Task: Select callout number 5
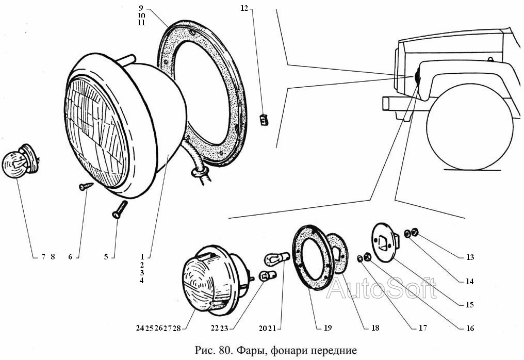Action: (x=106, y=256)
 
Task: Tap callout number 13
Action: (x=469, y=257)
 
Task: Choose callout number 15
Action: (x=469, y=304)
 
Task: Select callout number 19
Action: (x=328, y=328)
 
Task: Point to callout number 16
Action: (x=469, y=328)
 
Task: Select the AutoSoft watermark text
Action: (x=382, y=288)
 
